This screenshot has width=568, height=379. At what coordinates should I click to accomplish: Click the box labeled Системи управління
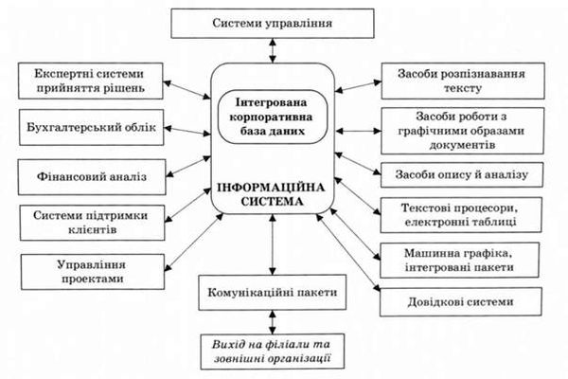(273, 24)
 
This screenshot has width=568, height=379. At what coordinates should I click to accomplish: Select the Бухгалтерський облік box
(91, 127)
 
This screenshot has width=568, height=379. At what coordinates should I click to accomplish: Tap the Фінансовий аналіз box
(92, 177)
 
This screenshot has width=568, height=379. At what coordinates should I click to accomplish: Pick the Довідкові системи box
(461, 302)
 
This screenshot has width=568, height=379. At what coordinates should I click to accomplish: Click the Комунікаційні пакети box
(273, 293)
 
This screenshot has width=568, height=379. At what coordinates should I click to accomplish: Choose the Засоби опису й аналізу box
(462, 175)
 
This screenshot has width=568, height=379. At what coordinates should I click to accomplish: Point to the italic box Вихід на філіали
(273, 352)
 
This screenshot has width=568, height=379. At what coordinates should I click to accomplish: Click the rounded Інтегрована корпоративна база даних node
(273, 117)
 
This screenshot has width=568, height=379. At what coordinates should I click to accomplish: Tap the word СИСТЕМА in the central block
(272, 201)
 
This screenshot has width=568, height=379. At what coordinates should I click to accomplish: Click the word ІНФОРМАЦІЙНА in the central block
(272, 188)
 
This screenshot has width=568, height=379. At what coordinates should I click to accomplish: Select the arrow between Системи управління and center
(273, 50)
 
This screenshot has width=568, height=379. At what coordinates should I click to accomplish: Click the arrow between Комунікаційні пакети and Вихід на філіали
(273, 322)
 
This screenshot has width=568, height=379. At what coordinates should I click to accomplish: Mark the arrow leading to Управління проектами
(194, 242)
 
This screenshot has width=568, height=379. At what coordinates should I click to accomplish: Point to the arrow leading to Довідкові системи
(348, 253)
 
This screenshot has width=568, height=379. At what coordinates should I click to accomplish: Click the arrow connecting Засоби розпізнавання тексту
(358, 86)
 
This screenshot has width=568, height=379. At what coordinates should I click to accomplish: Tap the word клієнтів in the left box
(93, 230)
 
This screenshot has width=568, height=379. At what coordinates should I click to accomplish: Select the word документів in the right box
(462, 145)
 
